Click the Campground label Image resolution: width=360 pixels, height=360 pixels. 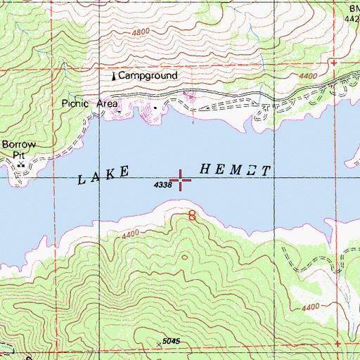click(148, 75)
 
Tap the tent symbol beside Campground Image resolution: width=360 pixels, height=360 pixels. click(113, 75)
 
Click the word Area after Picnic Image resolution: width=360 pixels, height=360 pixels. click(107, 103)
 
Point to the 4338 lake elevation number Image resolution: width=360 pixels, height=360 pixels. click(162, 186)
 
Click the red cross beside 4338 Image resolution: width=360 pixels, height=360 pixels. click(181, 180)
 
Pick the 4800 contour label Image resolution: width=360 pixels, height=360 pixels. click(141, 32)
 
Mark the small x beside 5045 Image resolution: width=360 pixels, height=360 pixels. click(157, 345)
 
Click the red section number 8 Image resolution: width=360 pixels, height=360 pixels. click(192, 216)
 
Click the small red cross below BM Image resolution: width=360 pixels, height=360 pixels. click(334, 63)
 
